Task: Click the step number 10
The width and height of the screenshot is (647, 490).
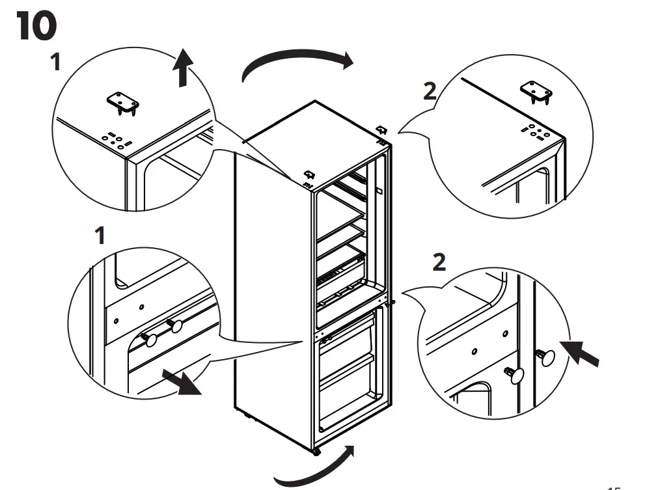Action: [36, 27]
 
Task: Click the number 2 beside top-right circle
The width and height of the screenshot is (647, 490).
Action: [430, 91]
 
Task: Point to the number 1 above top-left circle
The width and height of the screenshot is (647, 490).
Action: [56, 62]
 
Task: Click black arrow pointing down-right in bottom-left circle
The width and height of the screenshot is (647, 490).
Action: [182, 383]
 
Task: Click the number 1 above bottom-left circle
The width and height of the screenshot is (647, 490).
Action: [100, 236]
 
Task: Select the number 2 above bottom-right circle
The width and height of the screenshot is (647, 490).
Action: [440, 263]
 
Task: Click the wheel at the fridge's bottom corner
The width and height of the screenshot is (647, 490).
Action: [316, 451]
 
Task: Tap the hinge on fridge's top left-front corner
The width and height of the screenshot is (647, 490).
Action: [309, 176]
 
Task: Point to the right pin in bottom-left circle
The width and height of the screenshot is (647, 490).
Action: [174, 325]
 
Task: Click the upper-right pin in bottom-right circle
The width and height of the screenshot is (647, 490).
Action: [545, 356]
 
